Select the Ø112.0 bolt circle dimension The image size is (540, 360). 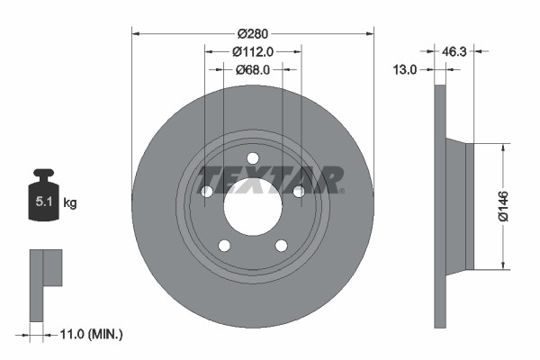(x=253, y=51)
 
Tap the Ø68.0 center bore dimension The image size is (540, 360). (x=253, y=69)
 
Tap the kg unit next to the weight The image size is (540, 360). (x=69, y=203)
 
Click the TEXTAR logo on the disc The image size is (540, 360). (x=271, y=178)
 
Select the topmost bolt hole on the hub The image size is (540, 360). (x=253, y=158)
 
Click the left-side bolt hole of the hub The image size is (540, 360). (x=207, y=192)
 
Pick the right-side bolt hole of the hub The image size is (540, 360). (x=298, y=190)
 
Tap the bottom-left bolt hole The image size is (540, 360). (x=224, y=246)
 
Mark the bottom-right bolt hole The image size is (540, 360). (x=281, y=246)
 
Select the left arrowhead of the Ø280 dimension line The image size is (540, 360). (x=136, y=33)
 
